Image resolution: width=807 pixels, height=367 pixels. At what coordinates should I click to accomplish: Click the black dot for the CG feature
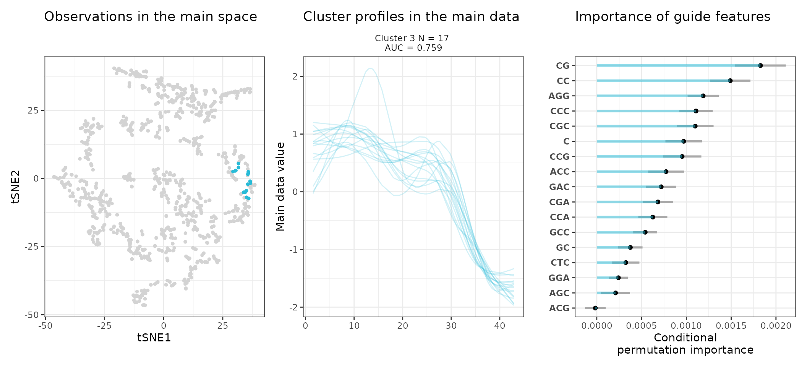(x=760, y=66)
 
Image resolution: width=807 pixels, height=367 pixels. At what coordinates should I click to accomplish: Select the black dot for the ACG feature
(x=595, y=308)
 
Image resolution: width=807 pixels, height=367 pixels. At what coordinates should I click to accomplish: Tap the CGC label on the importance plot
(x=559, y=126)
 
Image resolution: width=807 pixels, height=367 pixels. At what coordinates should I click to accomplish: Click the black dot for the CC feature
(x=730, y=81)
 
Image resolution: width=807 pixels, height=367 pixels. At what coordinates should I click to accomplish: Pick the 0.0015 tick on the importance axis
(x=731, y=326)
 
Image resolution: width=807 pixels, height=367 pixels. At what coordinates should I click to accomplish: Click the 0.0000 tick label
(x=596, y=326)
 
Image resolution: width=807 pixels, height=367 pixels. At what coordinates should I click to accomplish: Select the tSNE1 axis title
(x=154, y=338)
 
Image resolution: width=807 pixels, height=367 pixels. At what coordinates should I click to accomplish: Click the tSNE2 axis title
(x=16, y=187)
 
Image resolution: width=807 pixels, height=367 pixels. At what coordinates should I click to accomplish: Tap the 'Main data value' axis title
(x=280, y=187)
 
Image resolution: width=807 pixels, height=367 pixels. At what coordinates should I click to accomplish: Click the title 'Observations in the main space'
(x=151, y=17)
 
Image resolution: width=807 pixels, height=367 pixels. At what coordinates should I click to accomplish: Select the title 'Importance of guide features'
(x=672, y=17)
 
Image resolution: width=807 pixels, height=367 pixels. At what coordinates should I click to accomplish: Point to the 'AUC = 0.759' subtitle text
(x=413, y=48)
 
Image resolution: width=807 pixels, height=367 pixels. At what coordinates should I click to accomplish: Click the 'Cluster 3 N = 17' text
(x=412, y=38)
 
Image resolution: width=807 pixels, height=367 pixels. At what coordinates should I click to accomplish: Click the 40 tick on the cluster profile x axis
(x=499, y=326)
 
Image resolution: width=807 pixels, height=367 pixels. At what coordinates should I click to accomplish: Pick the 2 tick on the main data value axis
(x=295, y=76)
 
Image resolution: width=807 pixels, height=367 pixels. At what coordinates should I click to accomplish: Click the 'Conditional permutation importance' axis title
(x=685, y=344)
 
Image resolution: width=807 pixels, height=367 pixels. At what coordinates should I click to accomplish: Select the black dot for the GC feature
(x=630, y=247)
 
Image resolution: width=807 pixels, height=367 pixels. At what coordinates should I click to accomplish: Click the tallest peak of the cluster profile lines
(x=370, y=68)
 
